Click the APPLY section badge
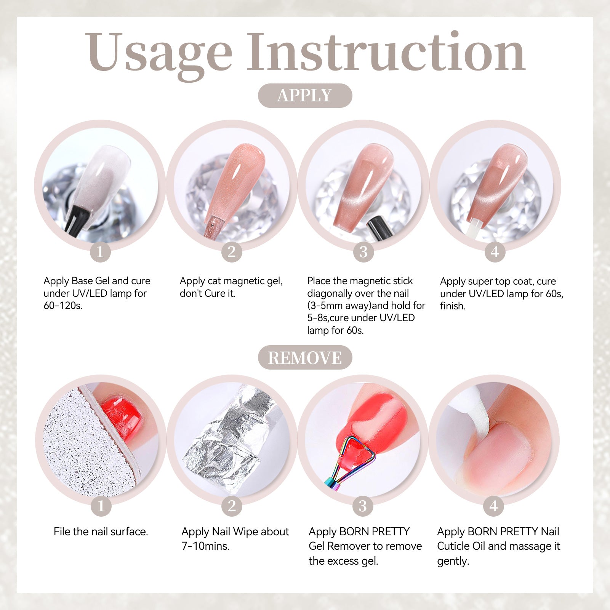click(305, 95)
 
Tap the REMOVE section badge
click(305, 357)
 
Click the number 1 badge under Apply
click(100, 252)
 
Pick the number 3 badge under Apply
click(363, 252)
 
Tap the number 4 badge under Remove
click(494, 506)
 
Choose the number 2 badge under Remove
click(232, 506)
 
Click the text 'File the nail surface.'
click(101, 532)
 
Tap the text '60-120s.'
click(63, 306)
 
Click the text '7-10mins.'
click(205, 546)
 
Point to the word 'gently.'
click(453, 561)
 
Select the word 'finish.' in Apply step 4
click(453, 306)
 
